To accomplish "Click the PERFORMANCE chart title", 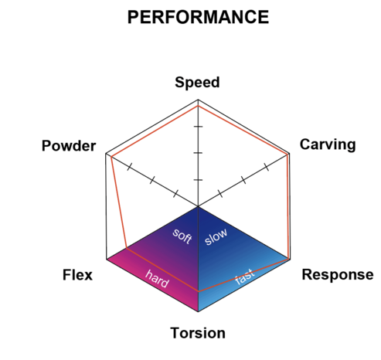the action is pos(198,17).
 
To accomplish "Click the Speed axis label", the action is pos(197,83).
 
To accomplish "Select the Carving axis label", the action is pos(328,144).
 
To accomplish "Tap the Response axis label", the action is pos(338,275).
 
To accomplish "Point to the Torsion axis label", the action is pos(198,333).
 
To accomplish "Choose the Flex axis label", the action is pos(77,275).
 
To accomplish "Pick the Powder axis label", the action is pos(69,145).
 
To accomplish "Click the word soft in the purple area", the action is pos(182,236).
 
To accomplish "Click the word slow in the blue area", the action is pos(216,236).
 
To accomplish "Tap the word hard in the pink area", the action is pos(157,279).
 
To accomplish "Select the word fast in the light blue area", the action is pos(245,277).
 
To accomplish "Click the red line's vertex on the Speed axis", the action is pos(198,106).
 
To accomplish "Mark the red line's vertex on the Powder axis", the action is pos(111,157).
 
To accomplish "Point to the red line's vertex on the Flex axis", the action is pos(127,248).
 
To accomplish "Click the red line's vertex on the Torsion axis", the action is pos(198,291).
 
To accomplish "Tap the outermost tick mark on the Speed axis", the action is pos(198,127).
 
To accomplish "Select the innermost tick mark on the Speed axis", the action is pos(198,180).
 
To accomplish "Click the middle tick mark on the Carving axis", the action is pos(243,180).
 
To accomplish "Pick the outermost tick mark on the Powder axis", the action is pos(130,167).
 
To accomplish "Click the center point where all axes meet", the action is pos(198,206).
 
